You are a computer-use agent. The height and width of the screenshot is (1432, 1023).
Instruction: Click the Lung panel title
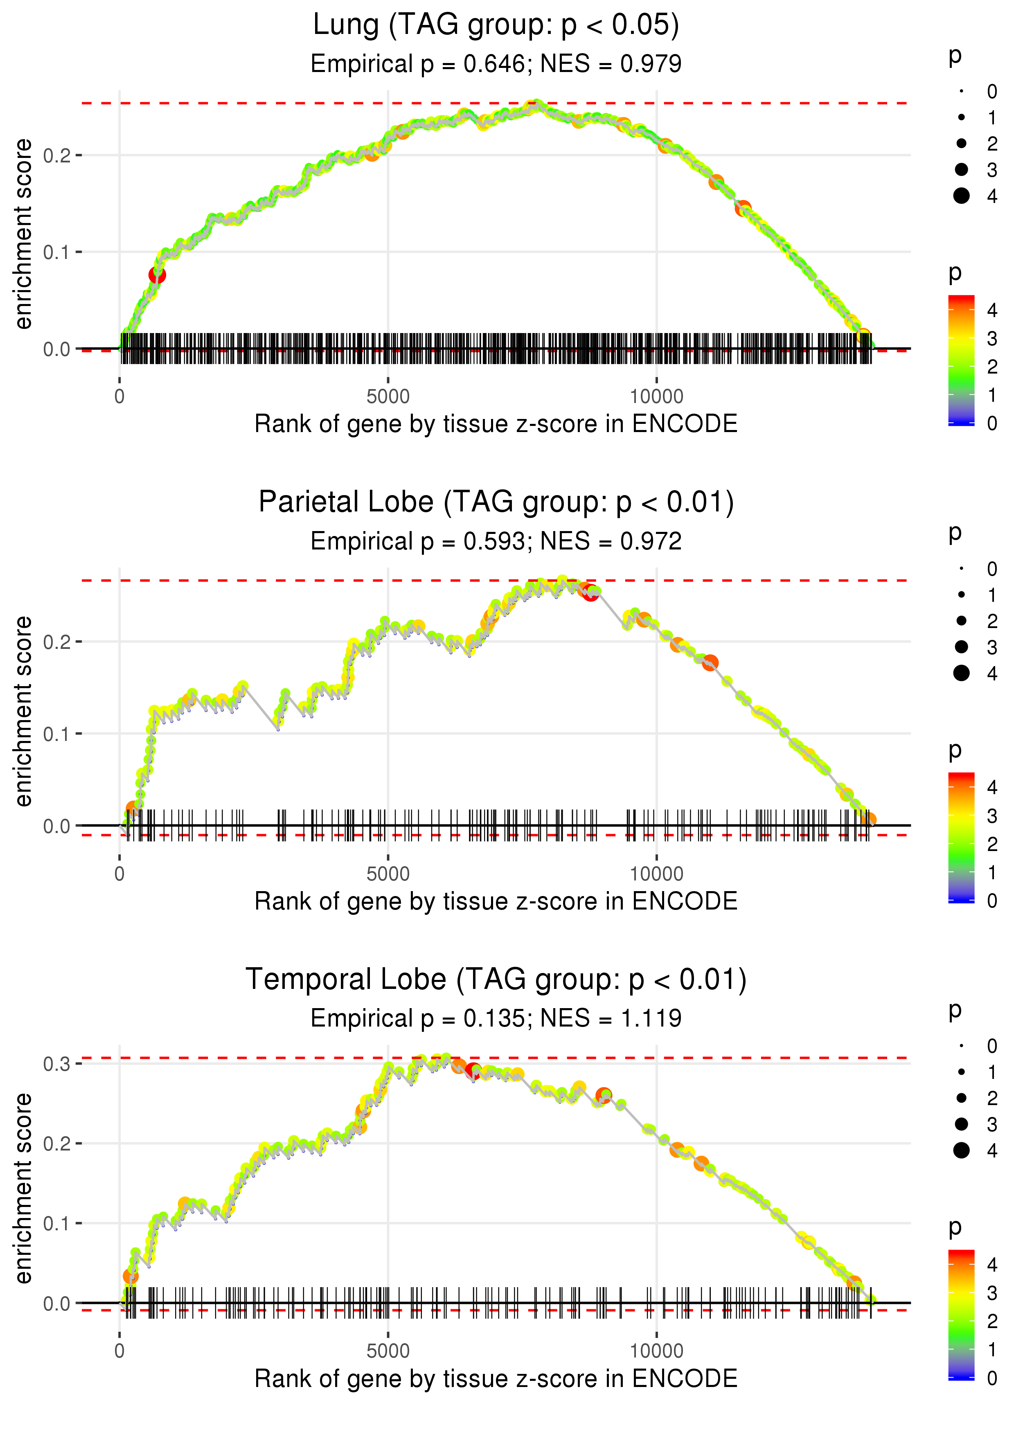coord(496,25)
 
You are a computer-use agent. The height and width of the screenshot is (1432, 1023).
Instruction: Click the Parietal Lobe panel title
coord(496,502)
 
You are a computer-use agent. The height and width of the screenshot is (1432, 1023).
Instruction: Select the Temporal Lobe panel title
coord(496,980)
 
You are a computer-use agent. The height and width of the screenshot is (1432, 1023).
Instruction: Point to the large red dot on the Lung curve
coord(157,275)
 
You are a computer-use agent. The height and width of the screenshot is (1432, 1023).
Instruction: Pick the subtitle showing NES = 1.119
coord(496,1018)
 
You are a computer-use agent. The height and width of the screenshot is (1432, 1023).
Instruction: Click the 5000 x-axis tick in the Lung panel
coord(388,397)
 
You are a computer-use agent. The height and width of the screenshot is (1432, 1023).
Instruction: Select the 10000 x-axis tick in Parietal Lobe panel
coord(656,874)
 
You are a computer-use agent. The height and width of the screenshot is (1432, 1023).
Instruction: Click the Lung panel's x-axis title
coord(496,424)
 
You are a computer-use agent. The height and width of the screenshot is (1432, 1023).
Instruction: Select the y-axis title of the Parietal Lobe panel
coord(23,711)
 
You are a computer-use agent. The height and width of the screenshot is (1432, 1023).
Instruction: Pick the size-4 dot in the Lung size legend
coord(961,196)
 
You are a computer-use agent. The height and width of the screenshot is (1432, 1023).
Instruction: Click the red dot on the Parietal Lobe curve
coord(590,593)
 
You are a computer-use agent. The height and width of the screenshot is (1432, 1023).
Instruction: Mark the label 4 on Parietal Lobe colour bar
coord(992,787)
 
